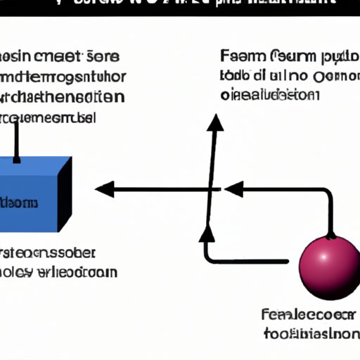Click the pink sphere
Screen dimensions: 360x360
click(x=328, y=268)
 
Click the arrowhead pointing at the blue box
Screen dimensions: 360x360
click(x=104, y=189)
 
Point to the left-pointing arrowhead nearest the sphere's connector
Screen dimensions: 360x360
click(x=233, y=189)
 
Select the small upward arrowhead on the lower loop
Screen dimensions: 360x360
click(x=206, y=233)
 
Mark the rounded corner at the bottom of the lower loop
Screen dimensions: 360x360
click(x=207, y=258)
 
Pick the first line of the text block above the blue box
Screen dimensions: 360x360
click(x=60, y=57)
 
